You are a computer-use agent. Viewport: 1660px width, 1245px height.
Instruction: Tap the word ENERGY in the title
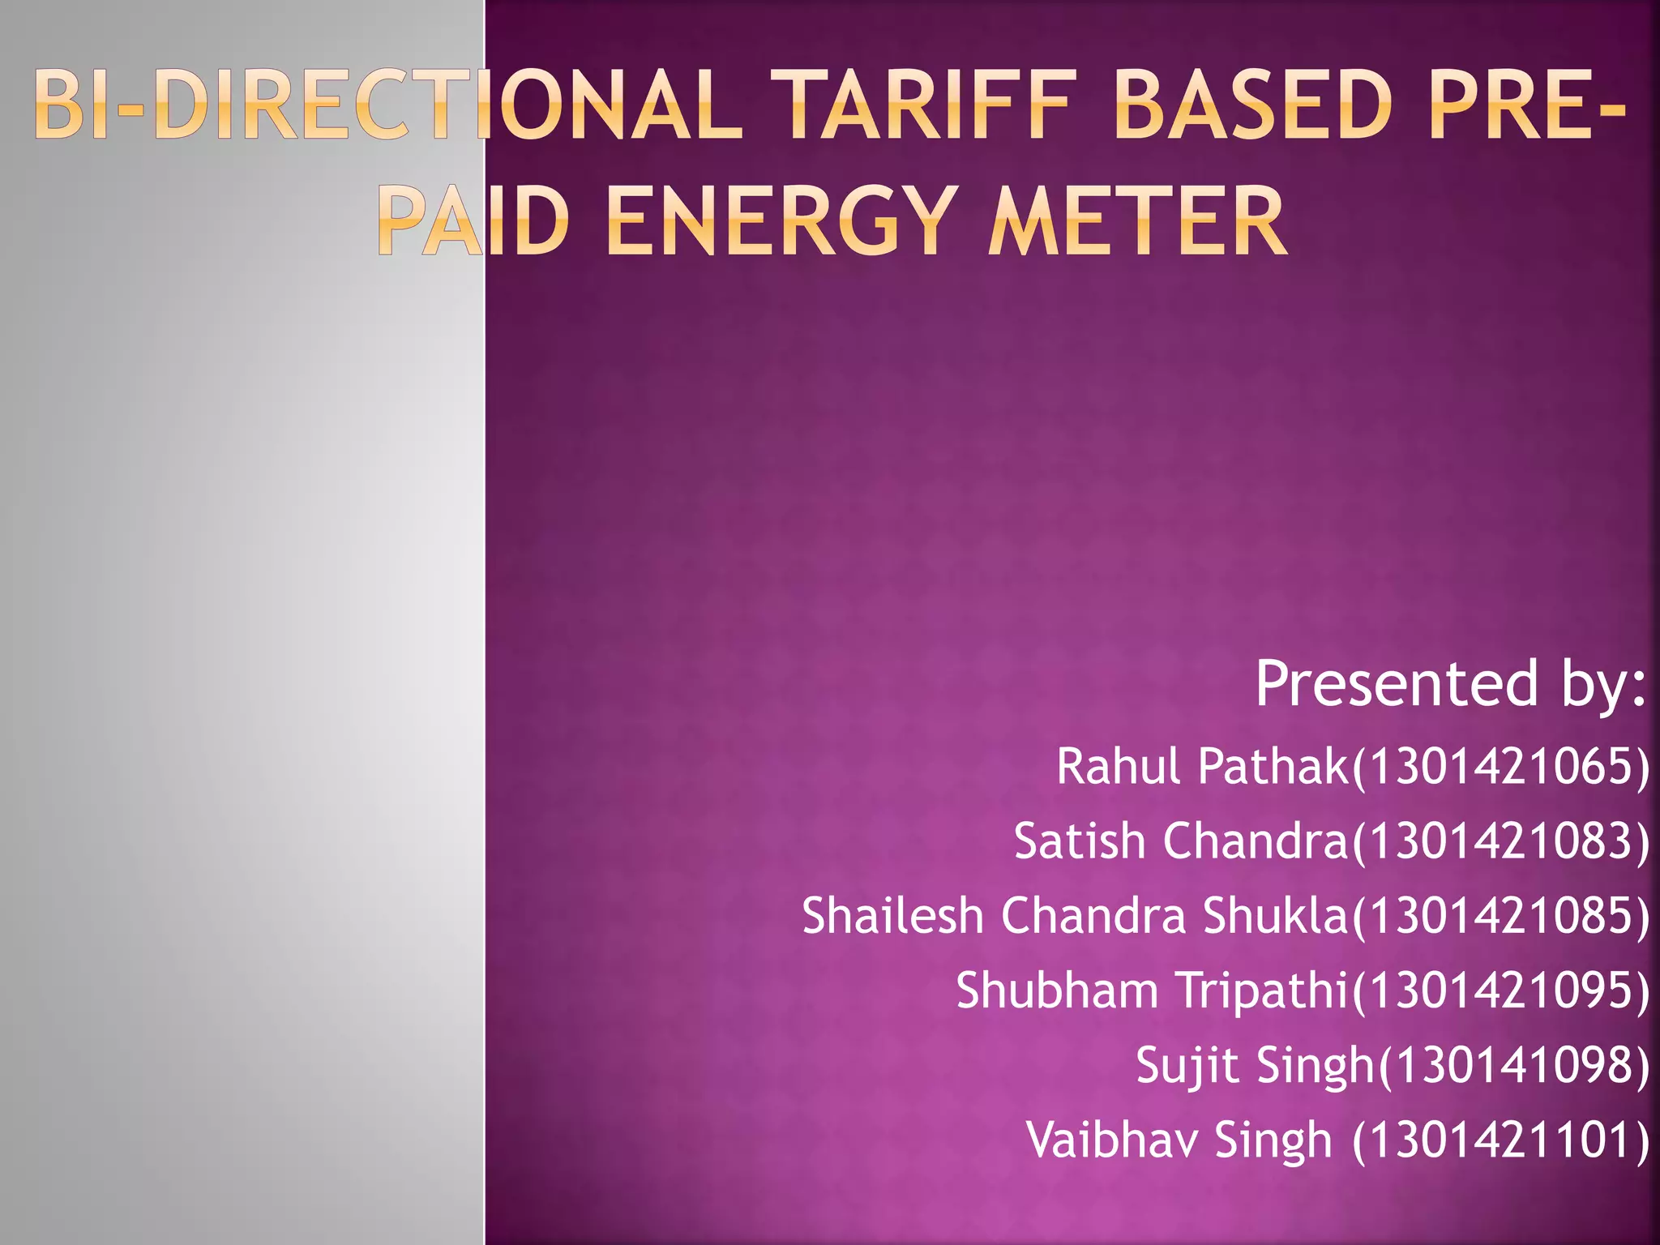pos(777,220)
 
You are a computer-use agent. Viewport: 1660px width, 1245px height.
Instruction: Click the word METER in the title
pos(1136,220)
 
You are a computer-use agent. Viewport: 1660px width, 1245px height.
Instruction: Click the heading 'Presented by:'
pos(1451,683)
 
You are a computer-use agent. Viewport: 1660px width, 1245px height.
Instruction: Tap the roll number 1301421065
pos(1500,767)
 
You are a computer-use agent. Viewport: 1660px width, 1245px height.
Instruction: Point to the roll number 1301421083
pos(1500,841)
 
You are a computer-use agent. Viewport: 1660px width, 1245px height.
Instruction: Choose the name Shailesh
pos(892,916)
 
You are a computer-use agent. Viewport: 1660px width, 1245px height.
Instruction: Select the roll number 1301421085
pos(1500,916)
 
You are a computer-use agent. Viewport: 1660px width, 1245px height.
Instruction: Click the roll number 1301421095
pos(1500,990)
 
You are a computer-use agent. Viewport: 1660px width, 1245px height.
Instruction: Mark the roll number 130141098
pos(1512,1065)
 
